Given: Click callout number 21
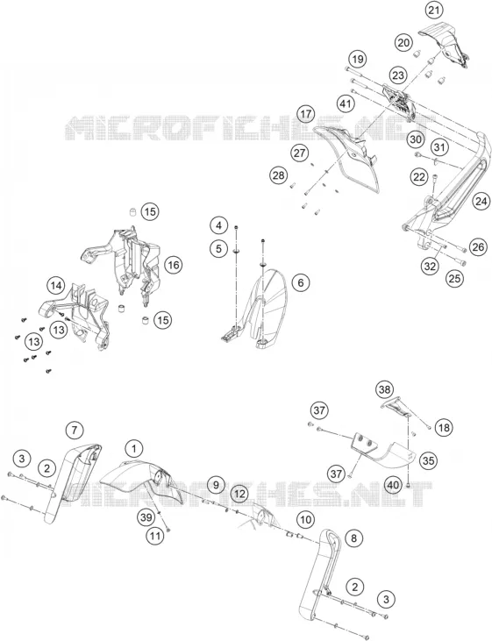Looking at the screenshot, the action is (x=434, y=10).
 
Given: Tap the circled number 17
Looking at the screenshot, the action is (x=307, y=114).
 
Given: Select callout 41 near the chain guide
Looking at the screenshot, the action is (x=346, y=103).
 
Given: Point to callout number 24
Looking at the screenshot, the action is (x=481, y=201).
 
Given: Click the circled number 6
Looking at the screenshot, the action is (x=301, y=282).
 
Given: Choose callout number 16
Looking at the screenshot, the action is (x=174, y=265).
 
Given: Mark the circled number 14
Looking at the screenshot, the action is (x=56, y=286).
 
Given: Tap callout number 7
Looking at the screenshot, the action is (x=75, y=430).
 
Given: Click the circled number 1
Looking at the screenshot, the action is (x=134, y=449).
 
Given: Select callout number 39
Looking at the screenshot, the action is (x=146, y=517).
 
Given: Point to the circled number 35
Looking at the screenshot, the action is (x=428, y=460).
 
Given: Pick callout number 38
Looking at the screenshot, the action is (x=385, y=389).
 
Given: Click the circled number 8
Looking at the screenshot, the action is (x=353, y=538).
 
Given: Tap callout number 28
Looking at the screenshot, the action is (x=279, y=175).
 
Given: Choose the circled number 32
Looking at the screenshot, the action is (x=431, y=267).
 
